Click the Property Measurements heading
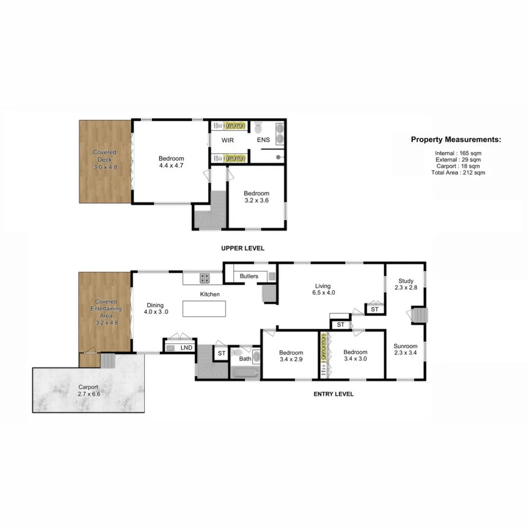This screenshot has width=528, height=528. point(456,140)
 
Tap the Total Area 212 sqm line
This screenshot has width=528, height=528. point(458,173)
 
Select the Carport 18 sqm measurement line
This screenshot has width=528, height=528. point(458,166)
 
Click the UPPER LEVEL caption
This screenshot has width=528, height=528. point(242,248)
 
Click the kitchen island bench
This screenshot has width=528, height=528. point(204,308)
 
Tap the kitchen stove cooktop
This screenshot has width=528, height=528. point(205,278)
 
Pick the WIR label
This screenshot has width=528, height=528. point(227,141)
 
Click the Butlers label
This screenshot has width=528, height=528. point(249,277)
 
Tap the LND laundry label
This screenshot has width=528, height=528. point(186,348)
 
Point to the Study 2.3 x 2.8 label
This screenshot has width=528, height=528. point(406,284)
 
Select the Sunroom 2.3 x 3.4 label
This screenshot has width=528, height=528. point(406,350)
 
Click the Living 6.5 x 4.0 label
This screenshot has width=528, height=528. point(323,289)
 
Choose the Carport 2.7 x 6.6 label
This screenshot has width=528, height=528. point(88,390)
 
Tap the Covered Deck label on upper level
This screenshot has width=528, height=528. point(105,160)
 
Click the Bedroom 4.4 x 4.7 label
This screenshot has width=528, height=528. point(171,162)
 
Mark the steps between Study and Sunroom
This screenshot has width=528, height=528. point(419,315)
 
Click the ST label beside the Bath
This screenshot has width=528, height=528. point(221,353)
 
